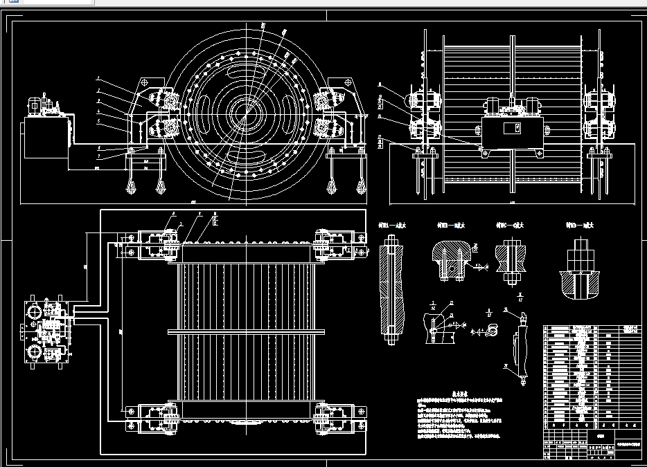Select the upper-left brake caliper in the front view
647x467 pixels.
(168, 99)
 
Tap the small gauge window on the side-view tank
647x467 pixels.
(514, 129)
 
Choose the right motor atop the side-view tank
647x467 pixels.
(532, 107)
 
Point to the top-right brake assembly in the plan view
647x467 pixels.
(337, 244)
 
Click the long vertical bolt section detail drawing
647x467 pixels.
(391, 291)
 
